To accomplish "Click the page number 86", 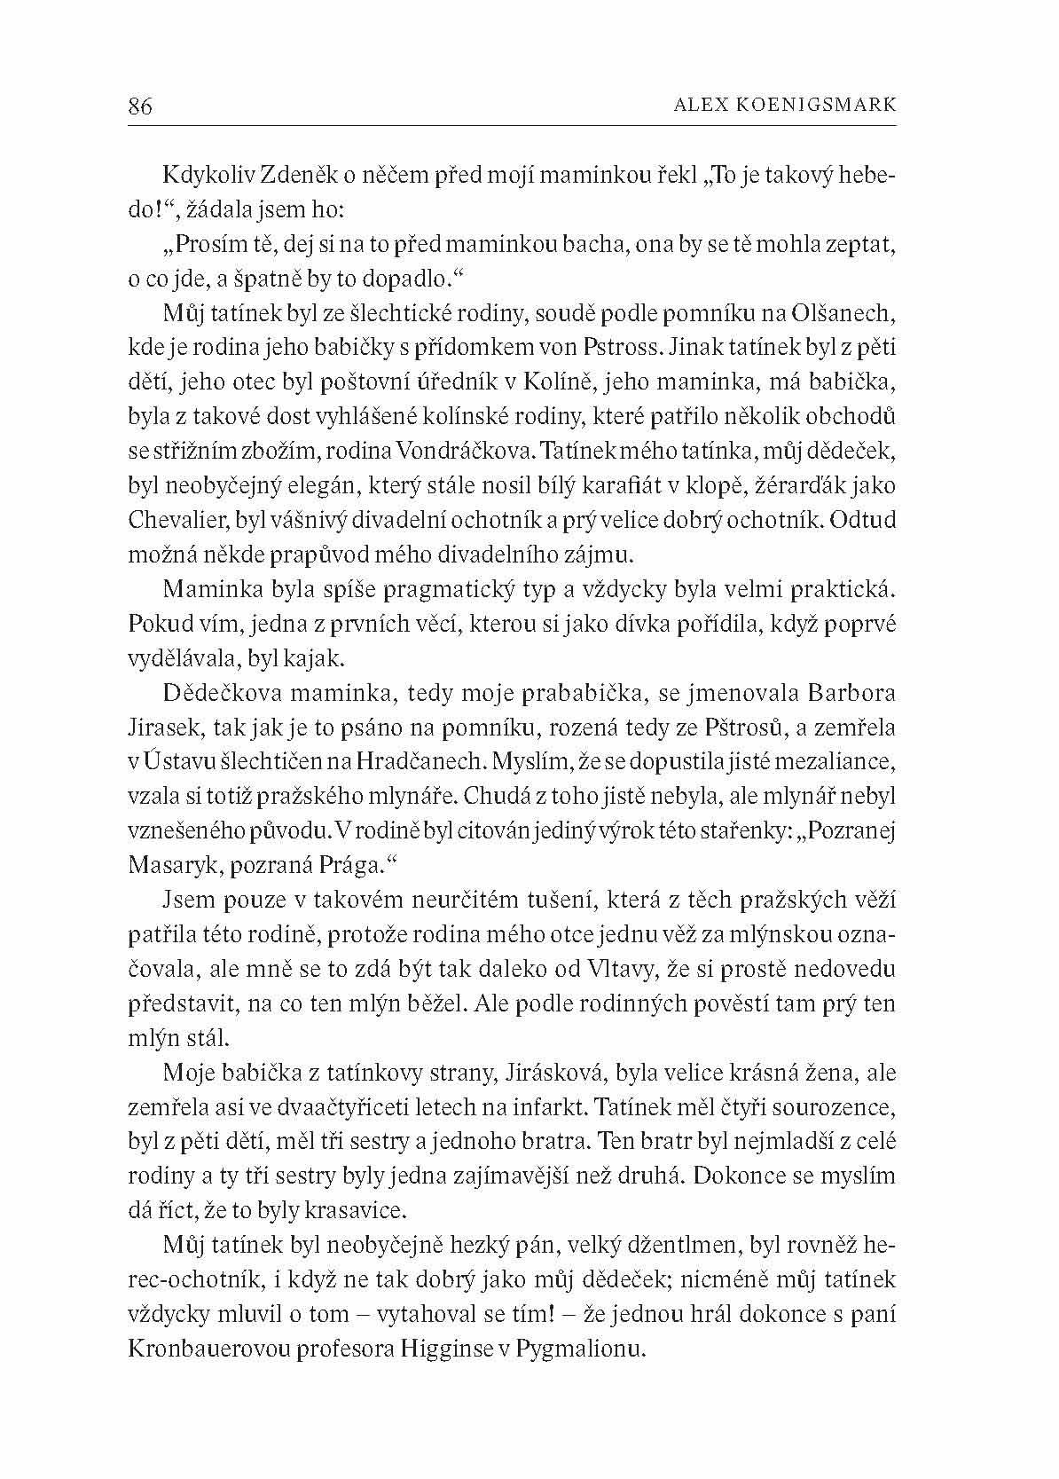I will coord(140,107).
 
